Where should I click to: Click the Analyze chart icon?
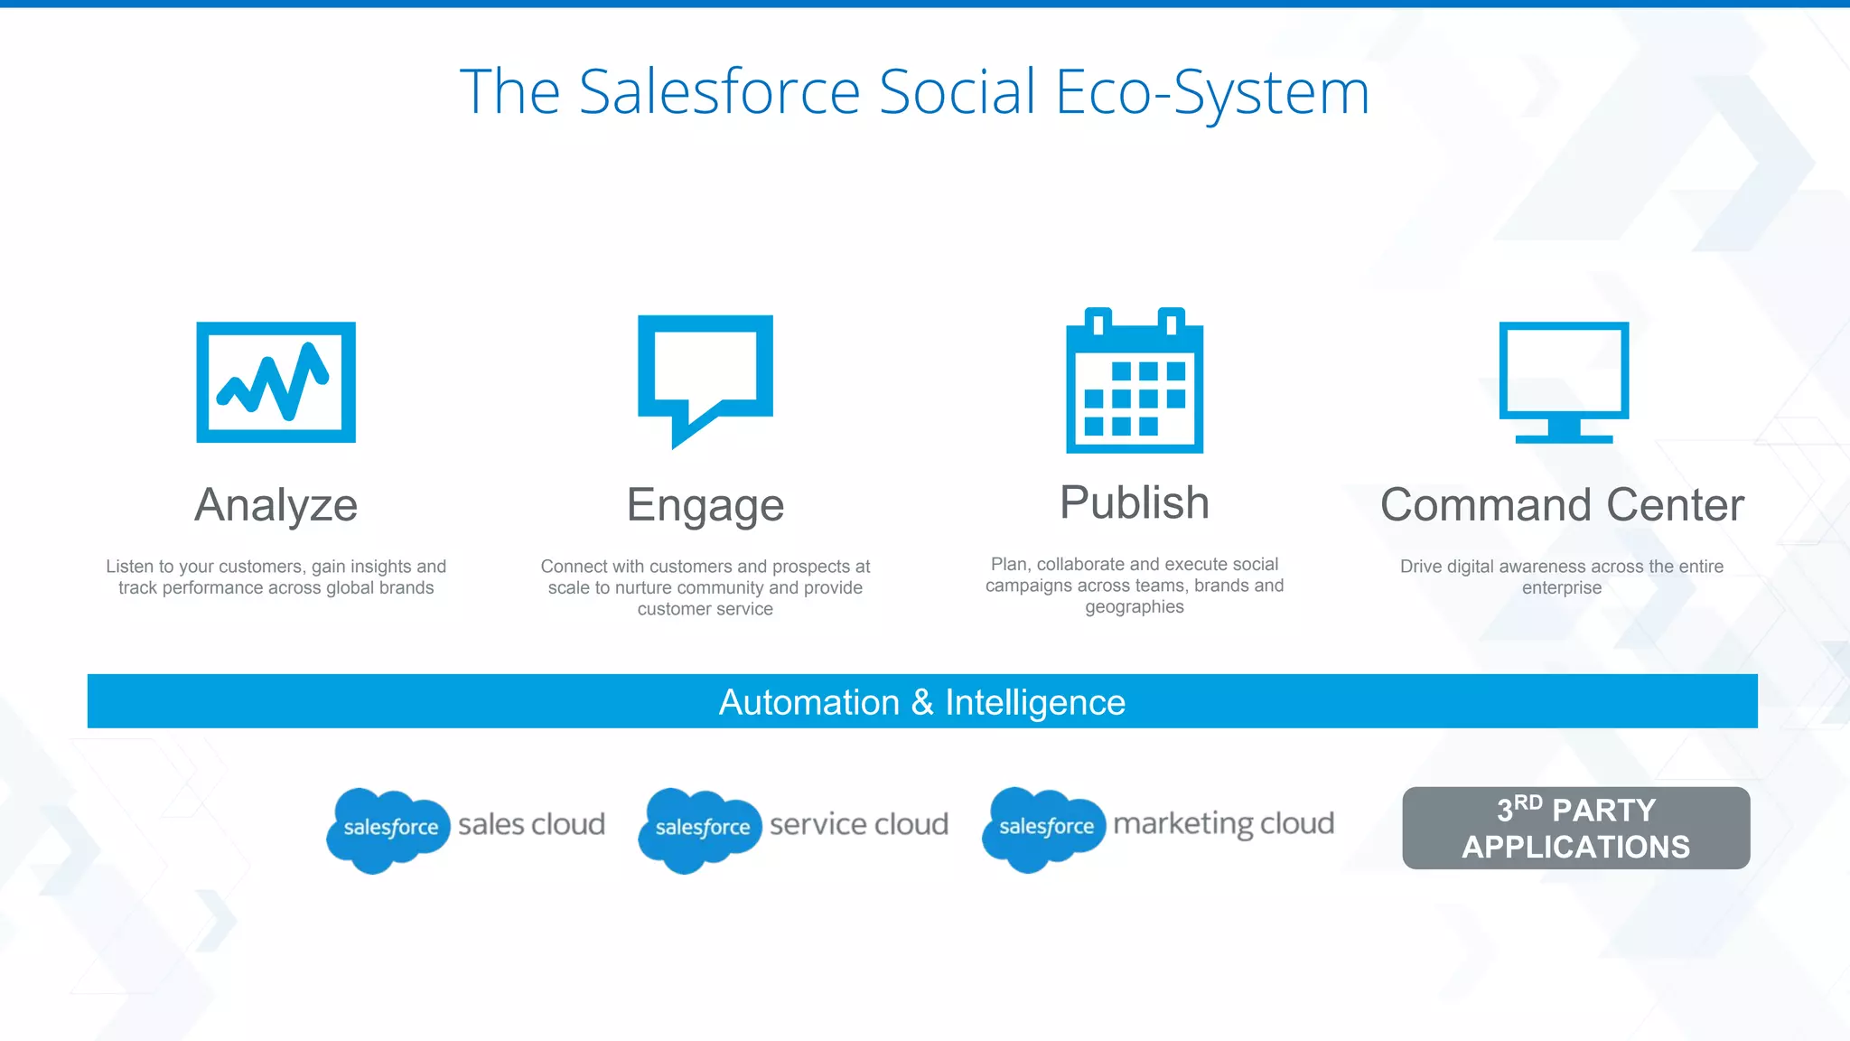tap(276, 381)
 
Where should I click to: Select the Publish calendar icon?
tap(1135, 381)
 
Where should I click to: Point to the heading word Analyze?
tap(276, 505)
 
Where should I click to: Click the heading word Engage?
tap(705, 505)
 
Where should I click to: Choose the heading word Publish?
tap(1135, 502)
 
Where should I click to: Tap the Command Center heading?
tap(1562, 505)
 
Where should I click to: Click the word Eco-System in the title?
tap(1211, 92)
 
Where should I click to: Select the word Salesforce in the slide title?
tap(719, 92)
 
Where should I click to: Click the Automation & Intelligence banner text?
tap(921, 702)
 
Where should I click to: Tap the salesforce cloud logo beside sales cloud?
tap(388, 829)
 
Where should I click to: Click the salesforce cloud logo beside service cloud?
tap(700, 829)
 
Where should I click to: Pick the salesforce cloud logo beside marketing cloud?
tap(1044, 828)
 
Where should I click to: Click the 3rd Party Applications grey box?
tap(1575, 828)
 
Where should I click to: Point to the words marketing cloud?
tap(1223, 824)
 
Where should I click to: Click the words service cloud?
tap(858, 824)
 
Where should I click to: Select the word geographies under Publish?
tap(1135, 607)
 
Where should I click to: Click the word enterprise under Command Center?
tap(1561, 588)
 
